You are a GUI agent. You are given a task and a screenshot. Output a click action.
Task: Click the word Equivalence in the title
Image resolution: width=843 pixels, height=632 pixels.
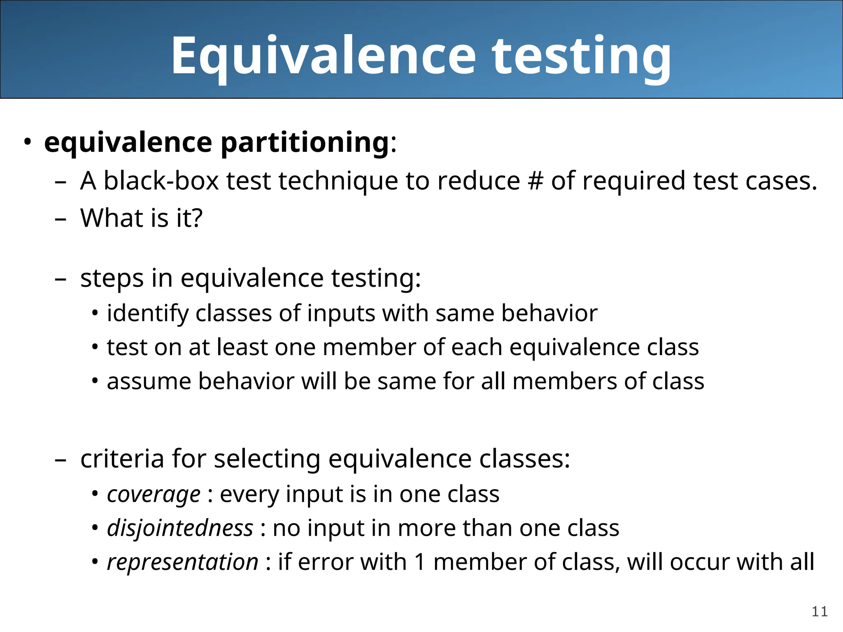pos(323,56)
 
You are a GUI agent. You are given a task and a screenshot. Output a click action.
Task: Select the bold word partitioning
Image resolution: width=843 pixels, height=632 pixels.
pos(305,143)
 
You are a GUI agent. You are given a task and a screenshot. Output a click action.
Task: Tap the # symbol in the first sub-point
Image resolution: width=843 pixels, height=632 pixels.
pos(535,181)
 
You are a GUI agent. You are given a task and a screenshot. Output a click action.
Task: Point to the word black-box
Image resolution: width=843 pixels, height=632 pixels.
pos(161,181)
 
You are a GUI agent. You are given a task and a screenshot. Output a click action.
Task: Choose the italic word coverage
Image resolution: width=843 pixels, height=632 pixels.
pos(154,494)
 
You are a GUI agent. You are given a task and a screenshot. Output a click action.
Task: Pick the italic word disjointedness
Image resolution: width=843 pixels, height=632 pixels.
pos(180,528)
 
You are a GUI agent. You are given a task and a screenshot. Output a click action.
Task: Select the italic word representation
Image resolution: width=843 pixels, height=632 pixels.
pos(182,562)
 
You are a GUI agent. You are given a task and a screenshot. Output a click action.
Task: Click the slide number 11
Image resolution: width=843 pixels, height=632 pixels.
pos(820,612)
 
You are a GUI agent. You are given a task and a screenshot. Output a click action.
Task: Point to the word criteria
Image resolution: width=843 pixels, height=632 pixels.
pos(122,459)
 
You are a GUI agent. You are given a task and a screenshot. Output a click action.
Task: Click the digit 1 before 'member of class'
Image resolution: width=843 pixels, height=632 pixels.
pos(420,562)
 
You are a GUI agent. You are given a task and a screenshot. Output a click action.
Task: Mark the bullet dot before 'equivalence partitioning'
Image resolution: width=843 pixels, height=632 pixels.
pos(27,142)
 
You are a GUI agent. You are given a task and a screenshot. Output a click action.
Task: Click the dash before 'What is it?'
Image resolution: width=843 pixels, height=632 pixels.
pos(61,218)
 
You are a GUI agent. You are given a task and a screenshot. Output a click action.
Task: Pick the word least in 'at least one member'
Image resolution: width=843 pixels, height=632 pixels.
pos(242,347)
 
